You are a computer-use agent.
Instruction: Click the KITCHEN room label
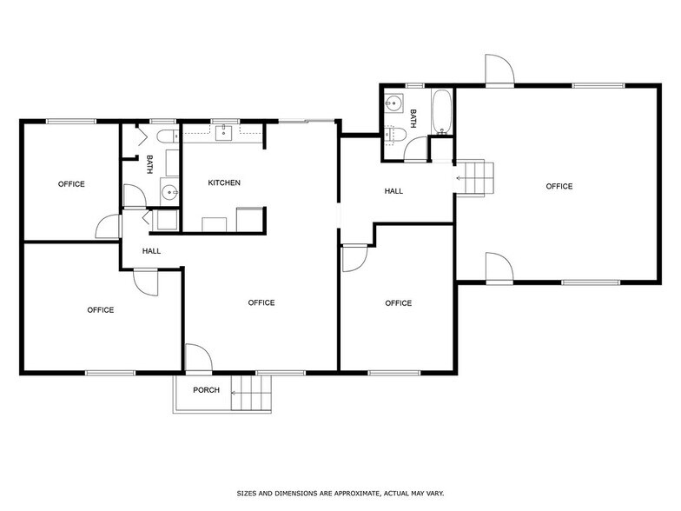[224, 182]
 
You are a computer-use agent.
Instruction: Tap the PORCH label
[206, 389]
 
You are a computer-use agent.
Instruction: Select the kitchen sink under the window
[225, 132]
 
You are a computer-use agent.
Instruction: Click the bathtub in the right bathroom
[441, 112]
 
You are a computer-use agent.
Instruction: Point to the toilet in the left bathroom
[165, 137]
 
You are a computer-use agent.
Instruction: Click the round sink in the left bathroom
[169, 193]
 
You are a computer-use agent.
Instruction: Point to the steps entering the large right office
[476, 178]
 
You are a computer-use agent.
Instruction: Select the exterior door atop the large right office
[499, 70]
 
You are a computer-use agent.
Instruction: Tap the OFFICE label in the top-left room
[71, 183]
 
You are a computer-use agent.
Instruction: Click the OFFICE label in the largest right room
[559, 186]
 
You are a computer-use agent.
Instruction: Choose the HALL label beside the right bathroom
[393, 191]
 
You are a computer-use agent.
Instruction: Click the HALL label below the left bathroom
[152, 251]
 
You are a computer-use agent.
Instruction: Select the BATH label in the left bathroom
[149, 163]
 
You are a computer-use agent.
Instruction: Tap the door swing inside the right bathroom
[417, 148]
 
